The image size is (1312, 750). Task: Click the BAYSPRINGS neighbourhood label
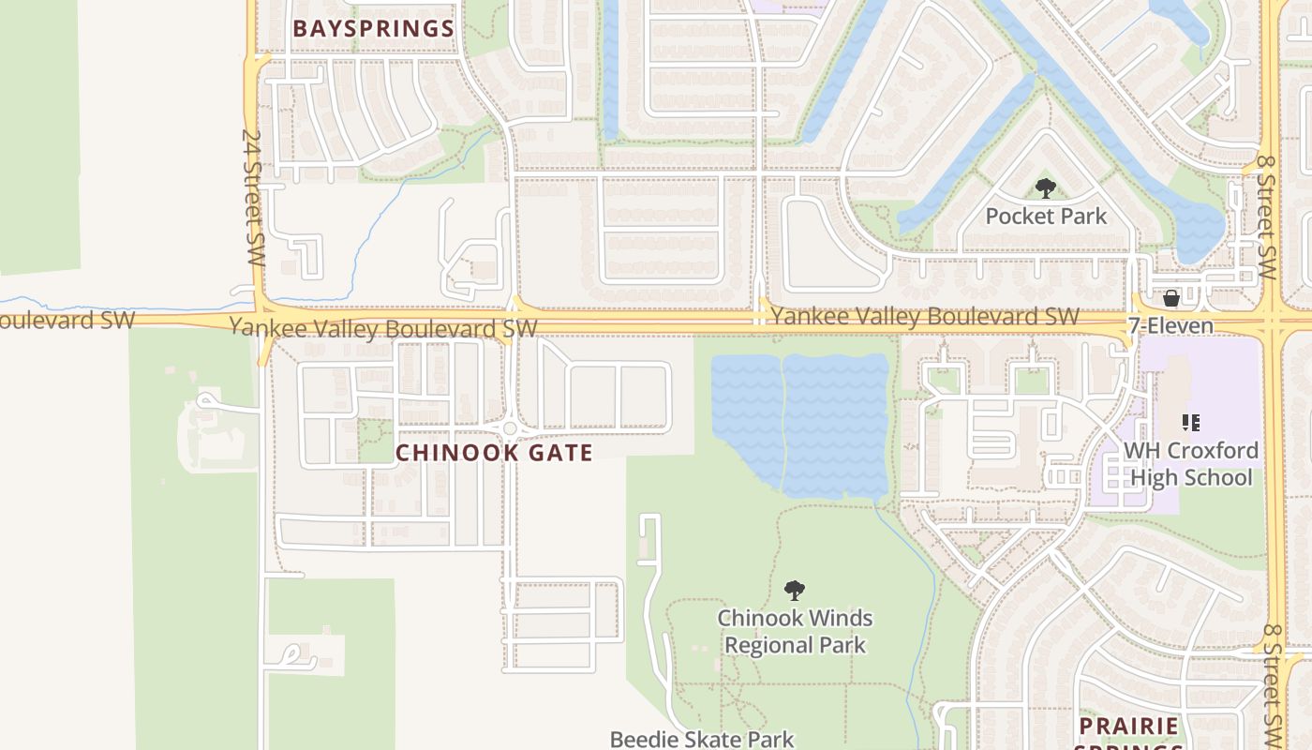click(x=373, y=28)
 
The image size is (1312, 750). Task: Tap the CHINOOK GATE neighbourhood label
click(x=494, y=453)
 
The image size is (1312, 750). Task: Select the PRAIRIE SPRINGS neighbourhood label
click(x=1128, y=727)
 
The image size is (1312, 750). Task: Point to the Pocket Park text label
click(x=1046, y=217)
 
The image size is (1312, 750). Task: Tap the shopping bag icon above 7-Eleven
click(x=1170, y=299)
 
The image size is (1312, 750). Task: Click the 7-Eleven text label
click(x=1170, y=326)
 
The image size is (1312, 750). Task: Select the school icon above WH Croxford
click(x=1190, y=423)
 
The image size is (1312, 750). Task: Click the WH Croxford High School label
click(x=1190, y=464)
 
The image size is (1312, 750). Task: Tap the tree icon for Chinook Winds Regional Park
click(x=795, y=591)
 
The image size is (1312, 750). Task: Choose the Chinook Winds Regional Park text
click(x=795, y=632)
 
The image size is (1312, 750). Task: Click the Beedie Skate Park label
click(x=702, y=739)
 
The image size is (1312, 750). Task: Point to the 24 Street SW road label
click(x=251, y=197)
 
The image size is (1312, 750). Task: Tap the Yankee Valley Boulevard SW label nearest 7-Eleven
click(x=924, y=317)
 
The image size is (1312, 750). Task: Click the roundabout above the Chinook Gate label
click(x=510, y=428)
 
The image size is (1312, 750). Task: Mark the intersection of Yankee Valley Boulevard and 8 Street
click(x=1275, y=319)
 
